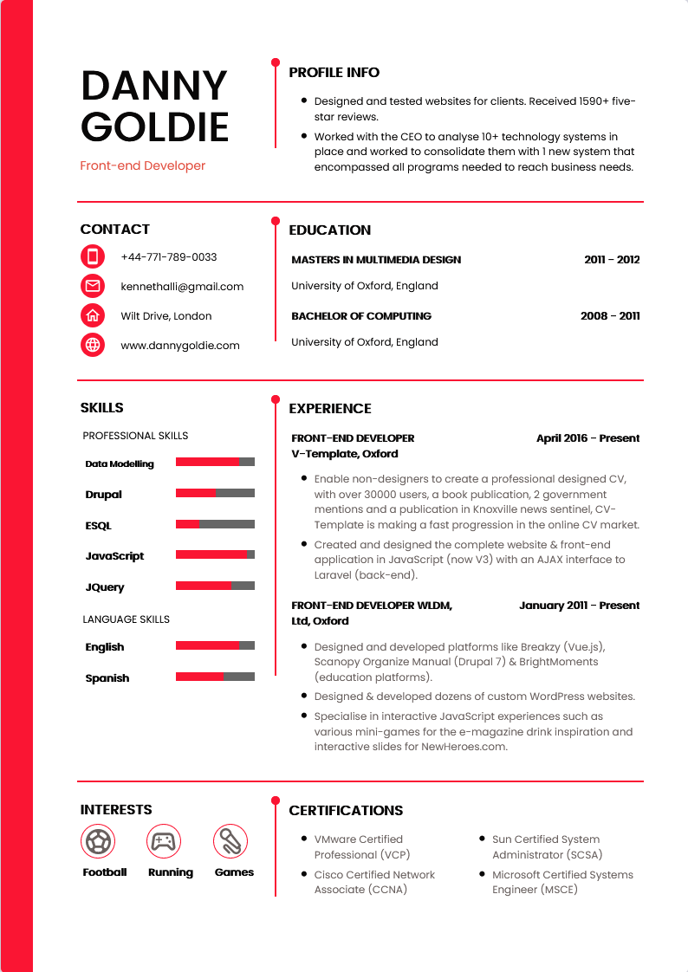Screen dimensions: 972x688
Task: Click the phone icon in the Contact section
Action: click(93, 256)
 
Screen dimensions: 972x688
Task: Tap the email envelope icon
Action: click(93, 286)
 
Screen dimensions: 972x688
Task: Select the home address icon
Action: click(93, 315)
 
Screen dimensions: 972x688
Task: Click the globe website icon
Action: click(93, 345)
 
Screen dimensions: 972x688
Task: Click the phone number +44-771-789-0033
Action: click(169, 257)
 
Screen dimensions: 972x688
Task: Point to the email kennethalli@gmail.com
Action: click(182, 287)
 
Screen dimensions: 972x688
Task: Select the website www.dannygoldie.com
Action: click(180, 346)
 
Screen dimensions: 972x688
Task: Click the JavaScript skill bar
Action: click(215, 554)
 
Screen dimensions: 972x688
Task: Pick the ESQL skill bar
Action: click(215, 524)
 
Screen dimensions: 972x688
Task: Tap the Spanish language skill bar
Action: click(215, 677)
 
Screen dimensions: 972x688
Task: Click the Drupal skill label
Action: click(104, 495)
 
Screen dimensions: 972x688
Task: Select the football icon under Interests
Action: click(98, 840)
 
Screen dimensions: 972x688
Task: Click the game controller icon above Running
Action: click(162, 840)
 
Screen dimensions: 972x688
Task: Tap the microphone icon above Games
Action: click(230, 840)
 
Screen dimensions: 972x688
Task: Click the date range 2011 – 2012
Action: click(612, 260)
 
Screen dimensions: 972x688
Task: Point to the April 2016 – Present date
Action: click(587, 438)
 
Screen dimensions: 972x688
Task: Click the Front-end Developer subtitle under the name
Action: click(143, 165)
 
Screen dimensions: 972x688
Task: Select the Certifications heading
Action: click(346, 811)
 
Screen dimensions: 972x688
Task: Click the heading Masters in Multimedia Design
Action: click(376, 260)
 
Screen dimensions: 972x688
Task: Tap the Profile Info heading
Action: click(334, 73)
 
